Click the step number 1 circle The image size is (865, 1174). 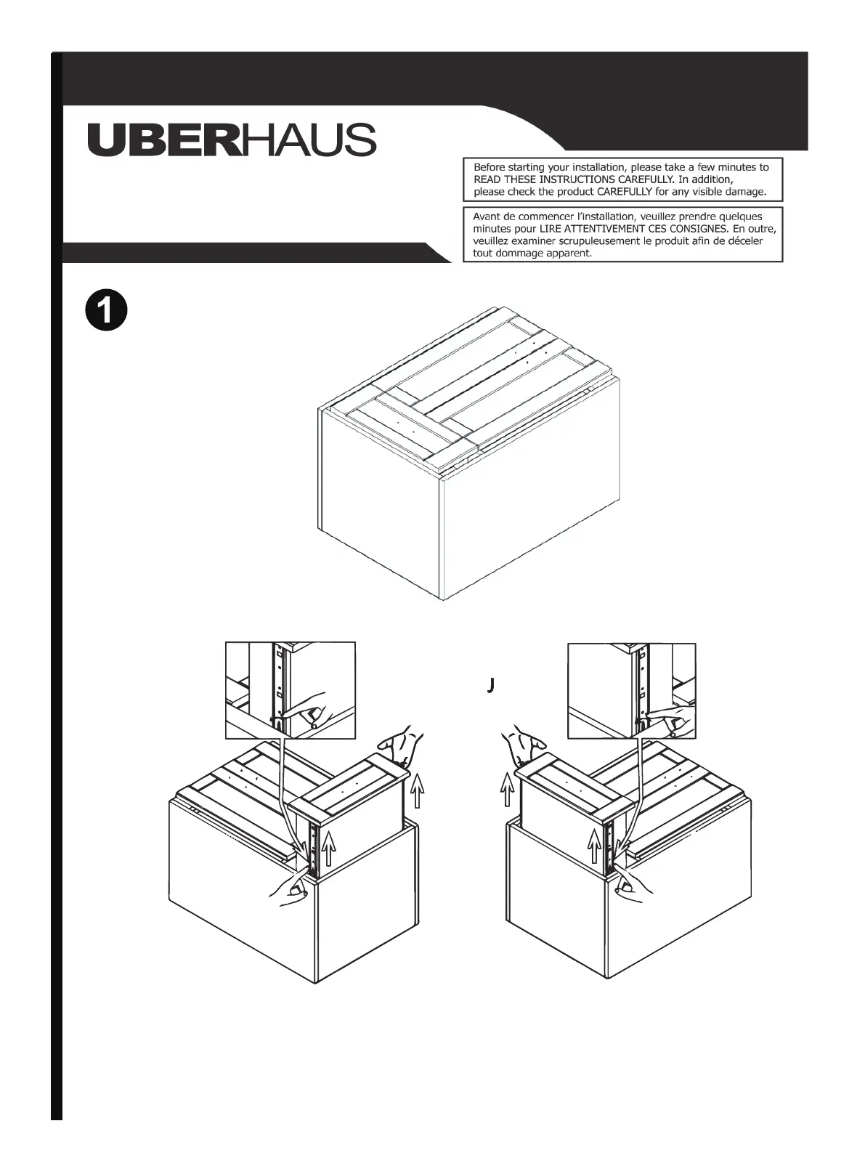106,311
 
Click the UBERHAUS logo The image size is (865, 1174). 232,139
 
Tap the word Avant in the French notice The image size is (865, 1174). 487,216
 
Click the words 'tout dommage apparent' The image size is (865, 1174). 532,254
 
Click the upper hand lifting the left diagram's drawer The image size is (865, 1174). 398,745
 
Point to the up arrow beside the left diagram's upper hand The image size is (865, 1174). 418,791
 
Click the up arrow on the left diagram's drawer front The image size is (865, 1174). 329,847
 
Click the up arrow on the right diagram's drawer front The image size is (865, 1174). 595,847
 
